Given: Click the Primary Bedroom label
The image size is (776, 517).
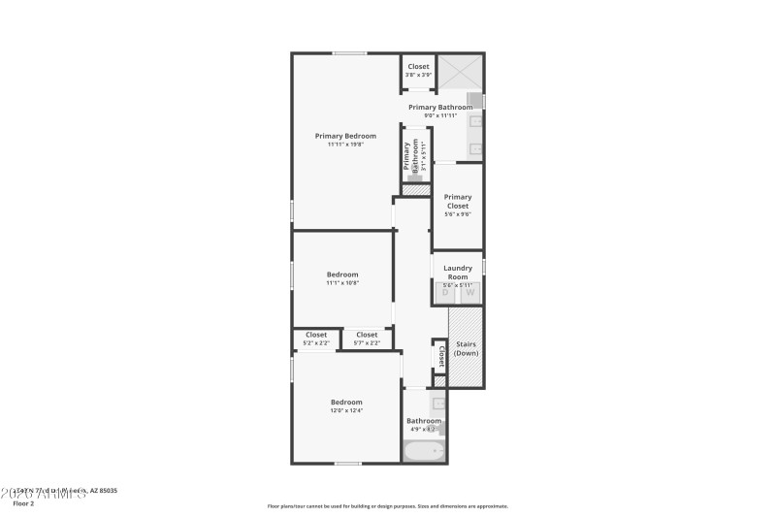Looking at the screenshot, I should tap(345, 136).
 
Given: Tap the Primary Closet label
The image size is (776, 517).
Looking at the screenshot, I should tap(458, 201).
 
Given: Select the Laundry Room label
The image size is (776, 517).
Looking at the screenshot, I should tap(458, 273).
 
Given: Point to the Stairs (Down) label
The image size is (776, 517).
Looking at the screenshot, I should tap(466, 348).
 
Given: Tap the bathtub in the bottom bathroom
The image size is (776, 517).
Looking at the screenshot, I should tap(424, 450).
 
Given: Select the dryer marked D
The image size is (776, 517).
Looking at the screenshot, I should tap(445, 292).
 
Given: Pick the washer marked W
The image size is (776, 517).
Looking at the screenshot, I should tap(470, 292).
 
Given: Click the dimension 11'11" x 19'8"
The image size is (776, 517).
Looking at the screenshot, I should tap(345, 145).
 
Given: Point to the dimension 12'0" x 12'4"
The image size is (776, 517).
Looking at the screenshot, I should tap(346, 410).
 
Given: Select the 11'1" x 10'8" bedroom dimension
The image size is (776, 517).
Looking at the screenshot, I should tap(342, 283).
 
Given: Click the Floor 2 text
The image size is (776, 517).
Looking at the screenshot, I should tap(23, 504).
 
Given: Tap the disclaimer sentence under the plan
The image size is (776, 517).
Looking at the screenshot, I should tap(388, 505).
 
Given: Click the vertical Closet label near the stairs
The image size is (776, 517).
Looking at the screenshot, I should tap(441, 355).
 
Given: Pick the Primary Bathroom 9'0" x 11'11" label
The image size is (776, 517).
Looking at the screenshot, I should tap(440, 111).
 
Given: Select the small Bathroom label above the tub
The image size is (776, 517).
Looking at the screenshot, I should tap(424, 421).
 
